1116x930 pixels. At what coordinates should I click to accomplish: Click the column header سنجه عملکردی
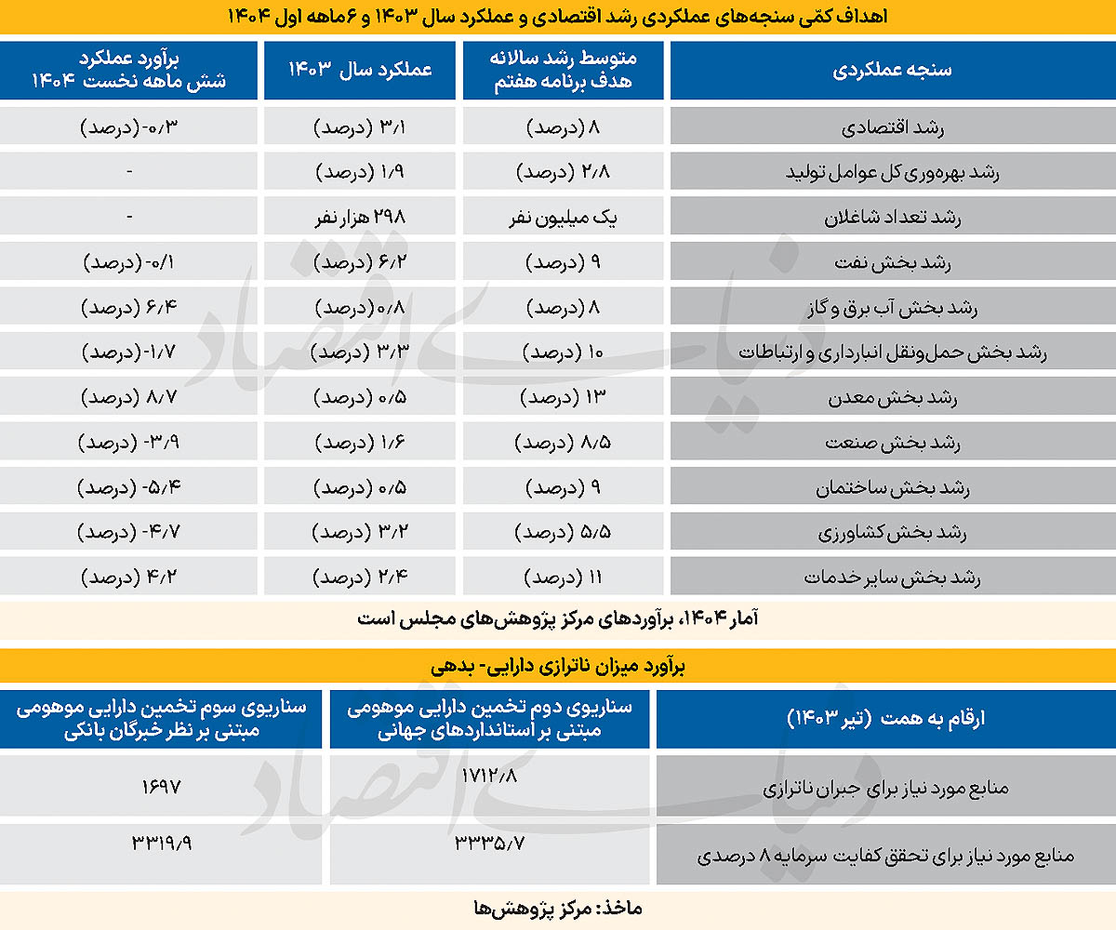(x=891, y=71)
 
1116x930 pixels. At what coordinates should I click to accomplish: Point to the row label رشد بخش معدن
(x=891, y=398)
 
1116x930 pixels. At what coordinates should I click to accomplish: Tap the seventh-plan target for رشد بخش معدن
(x=564, y=398)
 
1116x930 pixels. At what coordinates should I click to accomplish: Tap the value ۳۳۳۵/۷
(x=490, y=844)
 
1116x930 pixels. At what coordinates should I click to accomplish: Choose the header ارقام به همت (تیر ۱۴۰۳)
(x=885, y=717)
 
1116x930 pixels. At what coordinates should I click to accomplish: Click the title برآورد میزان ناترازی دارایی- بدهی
(x=558, y=667)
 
